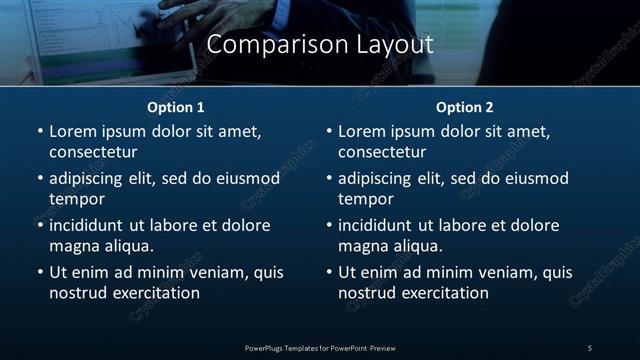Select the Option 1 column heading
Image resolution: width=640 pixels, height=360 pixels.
pyautogui.click(x=176, y=106)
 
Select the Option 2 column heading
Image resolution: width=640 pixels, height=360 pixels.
pyautogui.click(x=465, y=106)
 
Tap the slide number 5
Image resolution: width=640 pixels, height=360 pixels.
pyautogui.click(x=590, y=347)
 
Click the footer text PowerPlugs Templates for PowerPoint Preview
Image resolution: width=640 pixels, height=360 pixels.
pyautogui.click(x=320, y=347)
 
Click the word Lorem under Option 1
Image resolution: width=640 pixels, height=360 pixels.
pyautogui.click(x=73, y=131)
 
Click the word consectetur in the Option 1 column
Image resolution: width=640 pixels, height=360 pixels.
pyautogui.click(x=93, y=152)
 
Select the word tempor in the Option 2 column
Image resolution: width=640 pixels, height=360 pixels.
pyautogui.click(x=366, y=200)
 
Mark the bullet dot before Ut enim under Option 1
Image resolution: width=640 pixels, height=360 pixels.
pyautogui.click(x=39, y=272)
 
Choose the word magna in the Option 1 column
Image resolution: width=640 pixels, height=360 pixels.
pyautogui.click(x=73, y=246)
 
